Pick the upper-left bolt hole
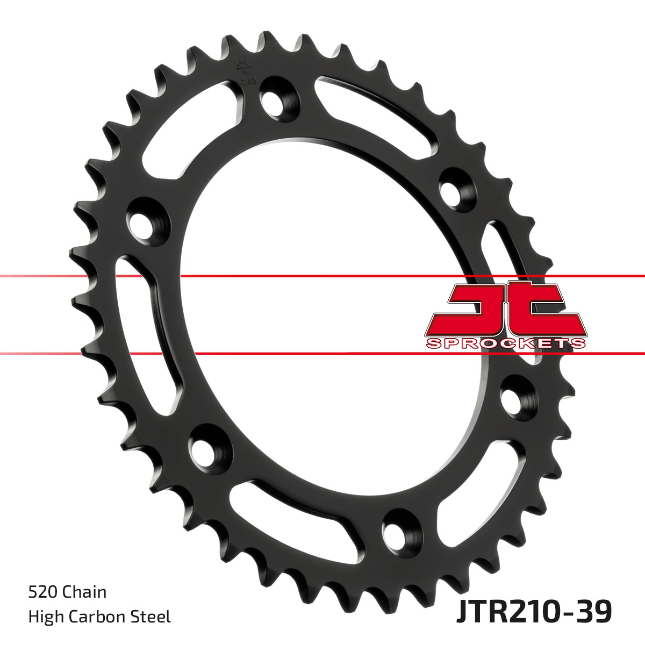click(143, 219)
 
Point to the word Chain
click(84, 592)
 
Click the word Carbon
click(99, 616)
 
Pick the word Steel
click(152, 616)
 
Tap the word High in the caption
click(45, 616)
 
